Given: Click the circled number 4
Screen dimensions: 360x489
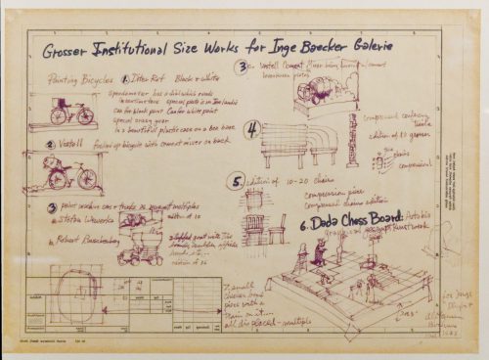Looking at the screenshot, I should pos(251,128).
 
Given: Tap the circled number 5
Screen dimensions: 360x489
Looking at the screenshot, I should pos(235,181).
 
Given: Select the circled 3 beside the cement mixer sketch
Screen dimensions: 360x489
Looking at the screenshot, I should pos(242,67).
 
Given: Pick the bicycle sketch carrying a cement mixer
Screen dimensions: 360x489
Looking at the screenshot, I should pos(70,174).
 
